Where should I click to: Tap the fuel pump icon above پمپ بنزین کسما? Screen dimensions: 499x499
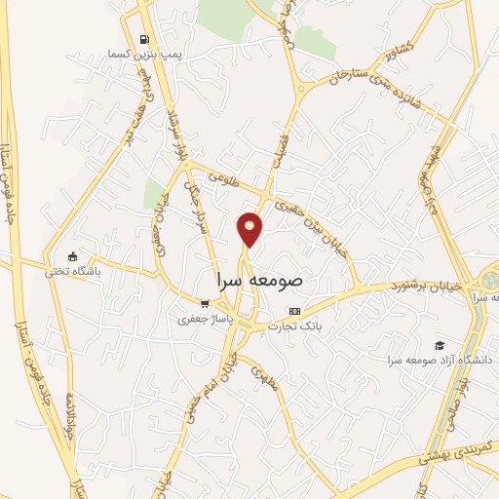coord(145,40)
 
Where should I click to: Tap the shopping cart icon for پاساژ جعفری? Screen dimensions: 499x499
coord(203,303)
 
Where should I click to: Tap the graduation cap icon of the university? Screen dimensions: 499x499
coord(440,345)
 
